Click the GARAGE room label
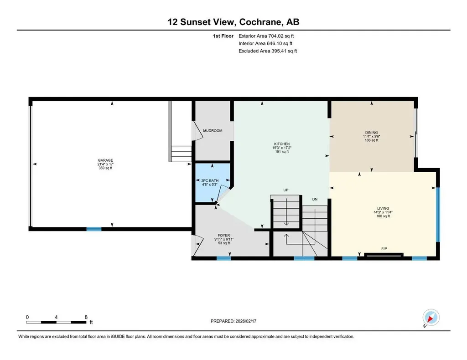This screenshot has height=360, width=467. pos(105,160)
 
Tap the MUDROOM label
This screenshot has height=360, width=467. pos(213,131)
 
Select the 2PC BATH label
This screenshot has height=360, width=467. pos(210,180)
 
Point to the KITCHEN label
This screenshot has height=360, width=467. pos(282,144)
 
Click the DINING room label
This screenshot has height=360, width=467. pos(371,133)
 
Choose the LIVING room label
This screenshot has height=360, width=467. pos(383,209)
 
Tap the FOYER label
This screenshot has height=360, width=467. pos(223,235)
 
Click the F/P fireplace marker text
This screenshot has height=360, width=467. pos(384,249)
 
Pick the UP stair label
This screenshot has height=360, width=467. pos(286,190)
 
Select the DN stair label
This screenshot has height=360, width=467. pos(315,199)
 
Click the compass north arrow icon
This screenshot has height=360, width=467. pos(431,318)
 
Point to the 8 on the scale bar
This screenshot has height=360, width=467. pos(86,317)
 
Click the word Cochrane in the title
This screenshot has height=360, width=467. pos(260,22)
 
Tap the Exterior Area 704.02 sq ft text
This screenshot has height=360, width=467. pos(266,36)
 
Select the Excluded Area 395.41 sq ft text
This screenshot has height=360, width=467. pos(268,51)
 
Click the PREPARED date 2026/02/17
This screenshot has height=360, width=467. pos(246,321)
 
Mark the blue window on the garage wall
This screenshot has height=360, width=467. pos(94,229)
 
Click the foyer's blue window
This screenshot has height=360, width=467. pos(223,258)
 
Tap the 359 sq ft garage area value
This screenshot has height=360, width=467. pos(105,168)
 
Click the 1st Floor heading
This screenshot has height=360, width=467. pos(223,36)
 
